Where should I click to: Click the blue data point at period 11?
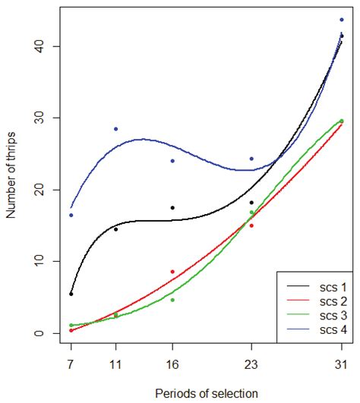(x=115, y=129)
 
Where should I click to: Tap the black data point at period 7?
(x=71, y=294)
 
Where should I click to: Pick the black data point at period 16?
(x=172, y=207)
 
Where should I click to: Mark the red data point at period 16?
(x=172, y=272)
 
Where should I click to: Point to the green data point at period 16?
(x=172, y=300)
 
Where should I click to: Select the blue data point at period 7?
(x=71, y=215)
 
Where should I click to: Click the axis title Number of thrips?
(x=11, y=190)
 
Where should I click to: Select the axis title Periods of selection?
(x=206, y=392)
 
